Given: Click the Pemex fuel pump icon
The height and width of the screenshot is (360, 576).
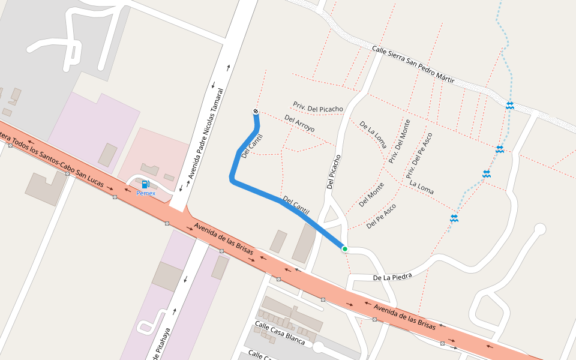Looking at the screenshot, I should (x=145, y=184).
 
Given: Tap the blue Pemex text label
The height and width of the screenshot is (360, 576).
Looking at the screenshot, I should (x=145, y=193).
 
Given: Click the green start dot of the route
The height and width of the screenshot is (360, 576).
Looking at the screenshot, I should (x=344, y=248).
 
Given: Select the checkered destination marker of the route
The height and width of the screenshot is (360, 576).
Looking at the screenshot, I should (x=256, y=112).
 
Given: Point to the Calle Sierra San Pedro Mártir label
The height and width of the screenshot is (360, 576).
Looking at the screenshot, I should (x=413, y=65).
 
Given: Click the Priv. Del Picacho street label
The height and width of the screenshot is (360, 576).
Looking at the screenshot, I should (x=318, y=107).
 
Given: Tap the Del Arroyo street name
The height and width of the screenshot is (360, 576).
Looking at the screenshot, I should (x=299, y=124).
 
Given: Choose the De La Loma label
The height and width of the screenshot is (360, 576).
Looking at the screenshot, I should (x=373, y=134).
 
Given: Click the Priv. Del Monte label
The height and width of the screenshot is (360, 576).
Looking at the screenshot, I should (x=400, y=142).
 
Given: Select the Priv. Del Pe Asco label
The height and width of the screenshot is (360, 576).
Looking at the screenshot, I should (x=419, y=156).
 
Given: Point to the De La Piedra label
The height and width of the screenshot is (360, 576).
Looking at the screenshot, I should (x=392, y=277).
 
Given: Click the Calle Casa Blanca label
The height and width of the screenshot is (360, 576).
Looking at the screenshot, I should (x=280, y=333).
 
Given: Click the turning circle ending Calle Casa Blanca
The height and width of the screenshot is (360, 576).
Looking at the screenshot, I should (x=318, y=347).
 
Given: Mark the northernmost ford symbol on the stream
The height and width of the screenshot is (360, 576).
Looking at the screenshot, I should (x=509, y=106).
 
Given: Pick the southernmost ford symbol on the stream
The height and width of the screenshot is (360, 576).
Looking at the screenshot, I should (x=454, y=218).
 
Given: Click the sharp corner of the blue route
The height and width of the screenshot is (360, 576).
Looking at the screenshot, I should (x=232, y=178).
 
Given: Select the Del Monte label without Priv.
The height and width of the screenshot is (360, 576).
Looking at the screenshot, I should (x=371, y=194).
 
